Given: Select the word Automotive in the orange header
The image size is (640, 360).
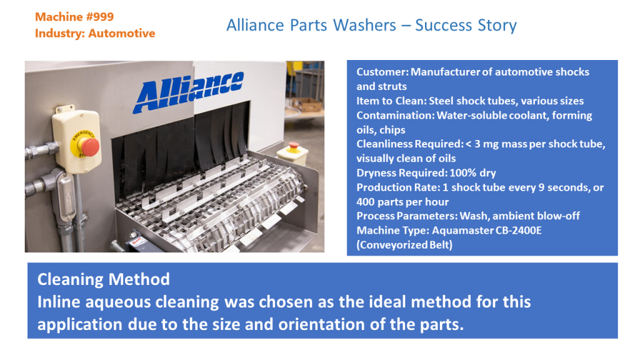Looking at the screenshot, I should click(121, 33).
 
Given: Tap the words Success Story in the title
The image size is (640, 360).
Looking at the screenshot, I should click(466, 26).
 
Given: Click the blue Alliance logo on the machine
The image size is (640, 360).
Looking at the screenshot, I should click(187, 92).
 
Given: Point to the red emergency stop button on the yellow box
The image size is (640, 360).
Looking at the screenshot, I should click(89, 147).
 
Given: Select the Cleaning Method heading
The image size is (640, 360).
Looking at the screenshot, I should click(103, 279).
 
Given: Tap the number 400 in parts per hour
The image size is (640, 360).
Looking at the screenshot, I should click(367, 202).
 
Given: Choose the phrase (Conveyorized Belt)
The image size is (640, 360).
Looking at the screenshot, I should click(404, 244).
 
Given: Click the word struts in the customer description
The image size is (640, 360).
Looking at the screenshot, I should click(392, 86).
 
